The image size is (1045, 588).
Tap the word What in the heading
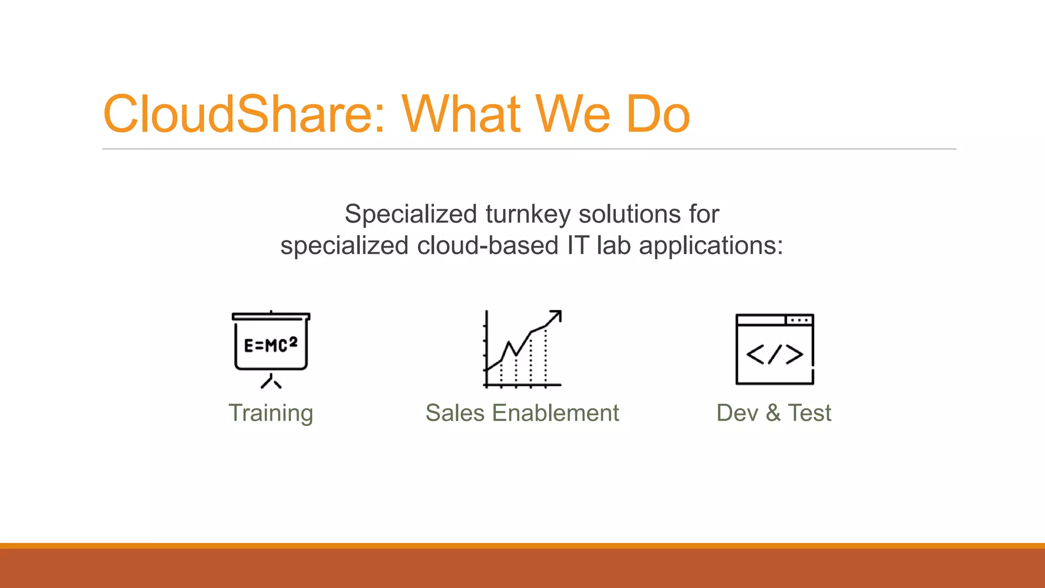(x=462, y=114)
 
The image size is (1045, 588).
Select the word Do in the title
(x=658, y=114)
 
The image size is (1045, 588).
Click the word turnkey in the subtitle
(x=528, y=214)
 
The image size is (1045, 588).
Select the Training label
(x=270, y=413)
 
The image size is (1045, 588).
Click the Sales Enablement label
(x=522, y=412)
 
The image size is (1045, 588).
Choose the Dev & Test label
(x=774, y=412)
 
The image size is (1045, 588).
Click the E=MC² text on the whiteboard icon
(x=270, y=345)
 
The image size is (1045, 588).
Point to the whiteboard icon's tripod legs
(x=271, y=382)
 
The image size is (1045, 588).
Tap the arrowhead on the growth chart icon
(x=557, y=315)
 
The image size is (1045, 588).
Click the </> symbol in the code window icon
(x=774, y=354)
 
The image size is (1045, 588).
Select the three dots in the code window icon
(x=799, y=320)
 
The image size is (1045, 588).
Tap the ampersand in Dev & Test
(x=773, y=412)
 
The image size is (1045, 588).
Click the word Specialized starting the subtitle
(x=411, y=214)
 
